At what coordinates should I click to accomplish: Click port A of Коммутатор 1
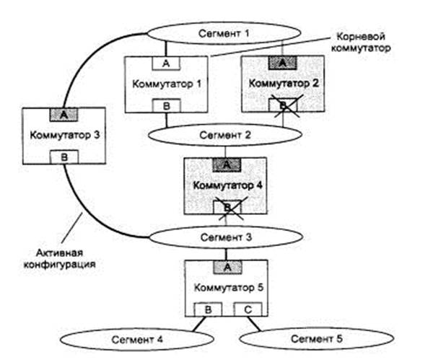tap(167, 63)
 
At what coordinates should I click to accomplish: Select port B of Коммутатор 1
tap(167, 106)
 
